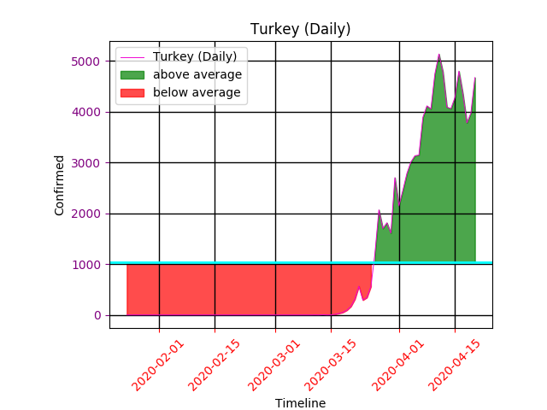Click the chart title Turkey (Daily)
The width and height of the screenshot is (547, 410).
pyautogui.click(x=300, y=29)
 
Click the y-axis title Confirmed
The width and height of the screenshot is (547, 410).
pyautogui.click(x=60, y=184)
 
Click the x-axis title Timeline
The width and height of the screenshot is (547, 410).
pyautogui.click(x=300, y=403)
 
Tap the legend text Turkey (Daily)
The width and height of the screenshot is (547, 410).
pyautogui.click(x=200, y=56)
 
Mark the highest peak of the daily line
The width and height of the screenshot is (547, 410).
pyautogui.click(x=439, y=55)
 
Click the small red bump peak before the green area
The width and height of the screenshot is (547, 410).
pyautogui.click(x=359, y=287)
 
